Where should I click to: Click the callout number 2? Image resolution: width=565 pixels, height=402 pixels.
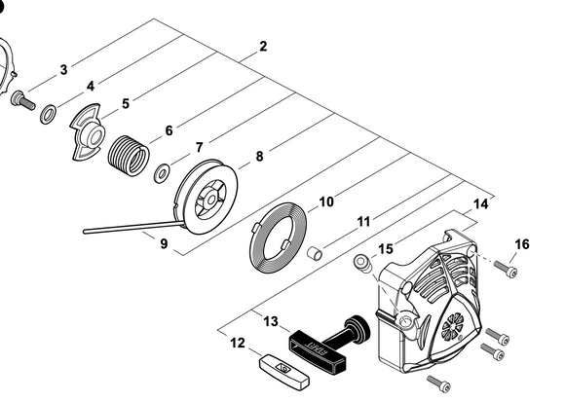(263, 46)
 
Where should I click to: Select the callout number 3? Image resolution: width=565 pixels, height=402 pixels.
(63, 69)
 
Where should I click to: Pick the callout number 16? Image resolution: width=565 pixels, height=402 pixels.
(522, 243)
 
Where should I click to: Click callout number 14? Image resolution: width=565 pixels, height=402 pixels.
(479, 204)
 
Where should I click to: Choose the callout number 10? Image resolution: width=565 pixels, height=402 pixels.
(326, 201)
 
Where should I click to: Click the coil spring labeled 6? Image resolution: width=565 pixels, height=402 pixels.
(130, 156)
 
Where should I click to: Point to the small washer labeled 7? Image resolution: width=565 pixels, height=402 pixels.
(162, 174)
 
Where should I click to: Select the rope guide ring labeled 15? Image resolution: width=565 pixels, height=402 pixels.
(361, 262)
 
